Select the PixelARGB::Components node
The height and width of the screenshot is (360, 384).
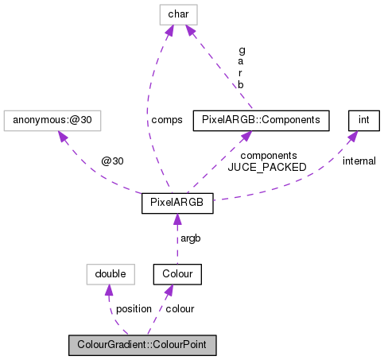coord(261,120)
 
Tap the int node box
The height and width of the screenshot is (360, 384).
coord(363,120)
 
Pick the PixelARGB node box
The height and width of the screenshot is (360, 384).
coord(176,203)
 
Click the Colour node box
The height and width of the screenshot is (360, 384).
coord(178,274)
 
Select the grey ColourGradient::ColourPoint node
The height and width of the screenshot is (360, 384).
coord(142,346)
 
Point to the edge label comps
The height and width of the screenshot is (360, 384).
coord(167,120)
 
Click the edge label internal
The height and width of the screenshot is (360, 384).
coord(359,161)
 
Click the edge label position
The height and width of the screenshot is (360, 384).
coord(133,308)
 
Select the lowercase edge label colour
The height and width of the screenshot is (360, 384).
coord(180,308)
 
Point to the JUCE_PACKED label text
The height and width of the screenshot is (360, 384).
coord(262,167)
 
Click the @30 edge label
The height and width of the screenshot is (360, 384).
coord(112,161)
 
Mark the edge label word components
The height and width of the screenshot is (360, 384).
coord(268,156)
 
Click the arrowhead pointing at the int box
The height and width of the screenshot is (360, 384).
coord(353,135)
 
